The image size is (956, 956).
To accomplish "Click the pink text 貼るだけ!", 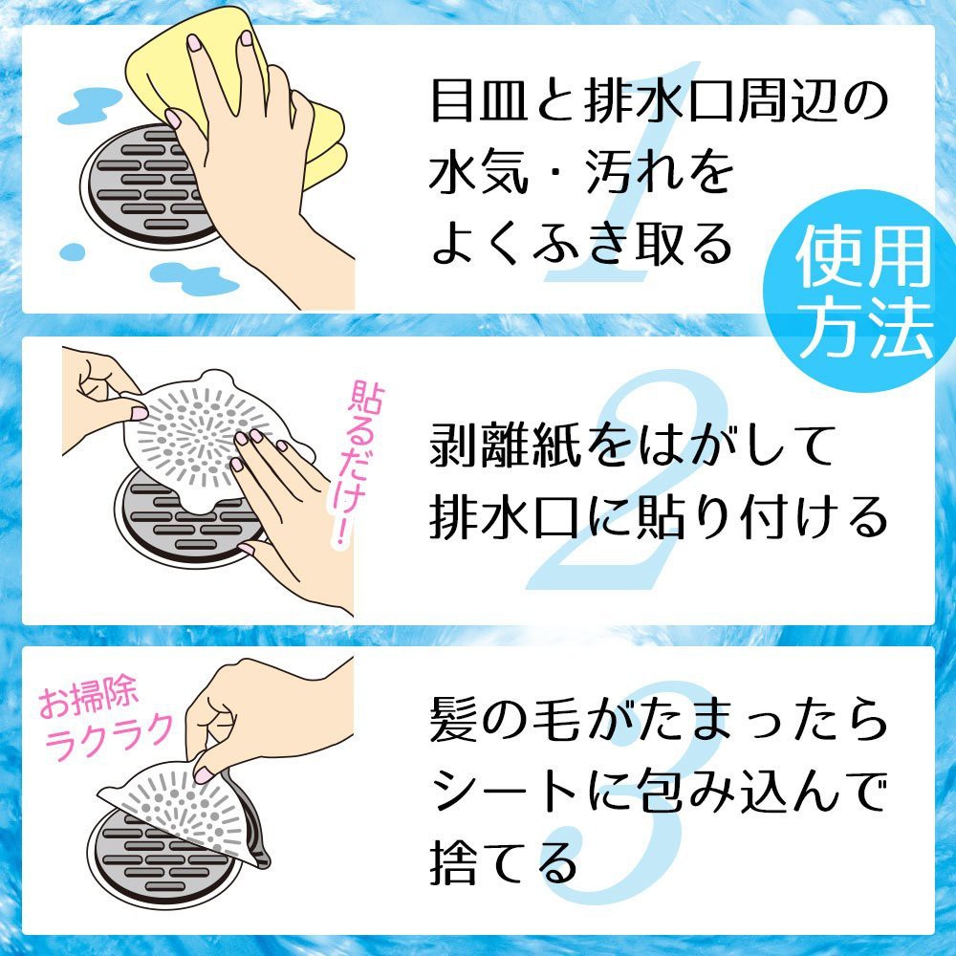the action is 358,464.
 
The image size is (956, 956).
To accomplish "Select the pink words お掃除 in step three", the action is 88,696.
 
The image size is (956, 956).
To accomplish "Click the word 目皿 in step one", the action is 478,100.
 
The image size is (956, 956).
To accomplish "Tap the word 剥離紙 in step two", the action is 505,445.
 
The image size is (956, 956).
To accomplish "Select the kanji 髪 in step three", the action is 453,720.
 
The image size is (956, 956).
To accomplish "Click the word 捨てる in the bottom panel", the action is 504,862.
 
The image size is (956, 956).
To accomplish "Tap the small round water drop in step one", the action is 73,251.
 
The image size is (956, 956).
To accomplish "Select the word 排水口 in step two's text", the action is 505,516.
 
